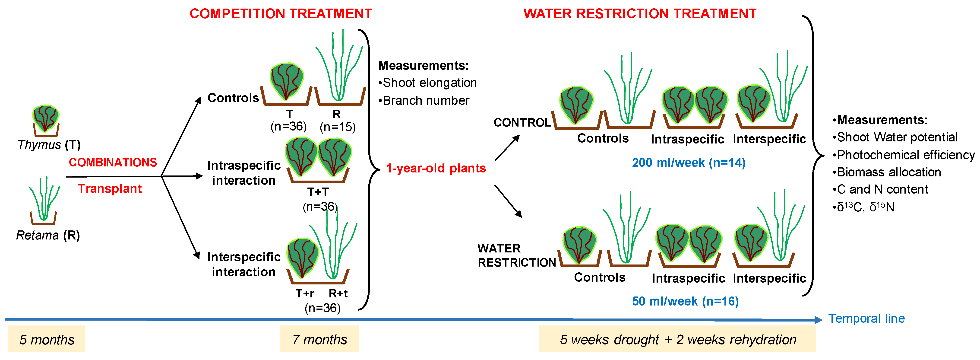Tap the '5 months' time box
pyautogui.click(x=46, y=339)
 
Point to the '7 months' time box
pyautogui.click(x=319, y=339)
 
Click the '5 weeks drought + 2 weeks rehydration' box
pyautogui.click(x=678, y=339)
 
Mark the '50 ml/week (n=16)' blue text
pyautogui.click(x=685, y=301)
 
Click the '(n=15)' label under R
pyautogui.click(x=338, y=127)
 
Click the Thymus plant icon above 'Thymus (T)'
pyautogui.click(x=46, y=120)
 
